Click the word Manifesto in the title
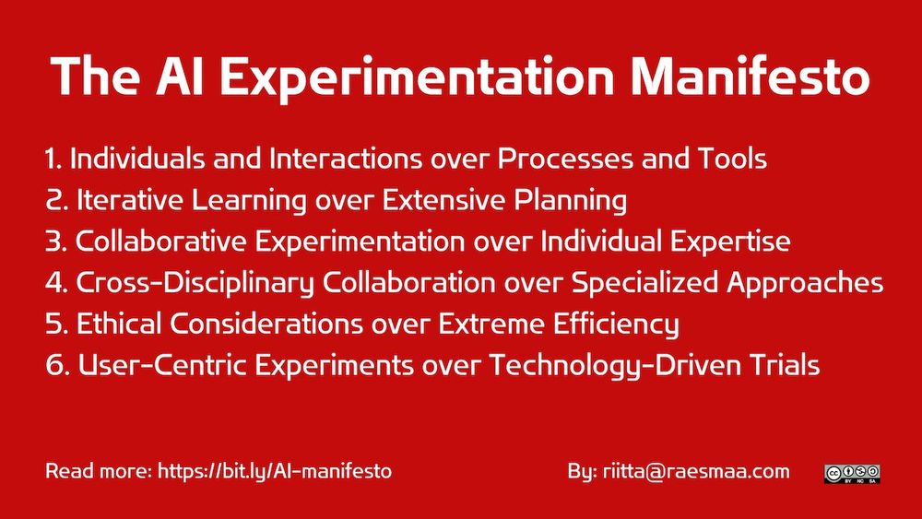[750, 77]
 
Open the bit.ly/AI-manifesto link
[275, 471]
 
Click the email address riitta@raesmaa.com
[696, 471]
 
